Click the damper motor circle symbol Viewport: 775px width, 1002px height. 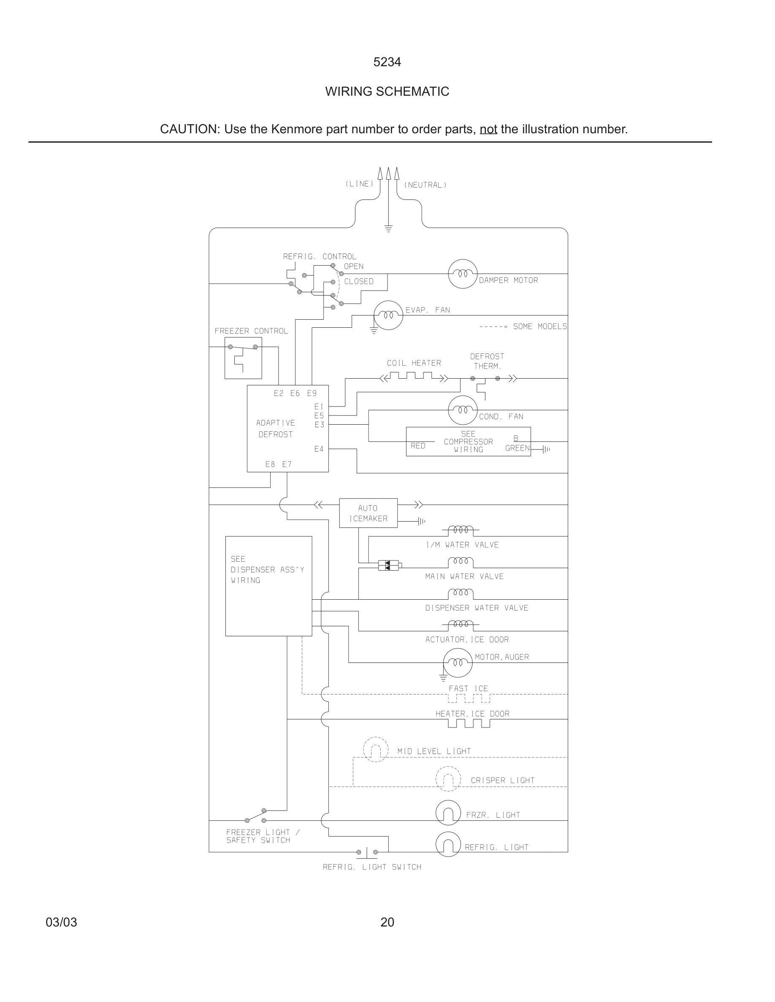point(462,274)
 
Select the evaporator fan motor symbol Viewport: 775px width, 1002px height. point(388,315)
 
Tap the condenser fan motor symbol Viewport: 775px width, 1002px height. point(462,410)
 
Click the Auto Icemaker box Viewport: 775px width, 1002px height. point(368,513)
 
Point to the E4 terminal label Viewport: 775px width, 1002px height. point(319,449)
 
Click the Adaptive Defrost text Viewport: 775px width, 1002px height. point(276,428)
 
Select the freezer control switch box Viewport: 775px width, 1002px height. point(243,358)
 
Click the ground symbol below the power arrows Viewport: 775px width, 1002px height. point(388,229)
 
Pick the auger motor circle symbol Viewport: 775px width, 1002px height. point(457,663)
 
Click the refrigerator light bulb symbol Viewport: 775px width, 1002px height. point(447,844)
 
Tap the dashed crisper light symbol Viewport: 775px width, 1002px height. point(447,779)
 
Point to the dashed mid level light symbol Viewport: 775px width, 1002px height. point(376,750)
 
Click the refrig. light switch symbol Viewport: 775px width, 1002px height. point(367,852)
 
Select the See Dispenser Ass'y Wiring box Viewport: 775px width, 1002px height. point(268,586)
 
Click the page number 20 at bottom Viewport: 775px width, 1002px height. point(387,922)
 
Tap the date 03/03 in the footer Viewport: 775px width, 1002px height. point(61,922)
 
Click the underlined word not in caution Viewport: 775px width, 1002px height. point(488,129)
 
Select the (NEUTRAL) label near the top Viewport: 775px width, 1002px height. point(425,185)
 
